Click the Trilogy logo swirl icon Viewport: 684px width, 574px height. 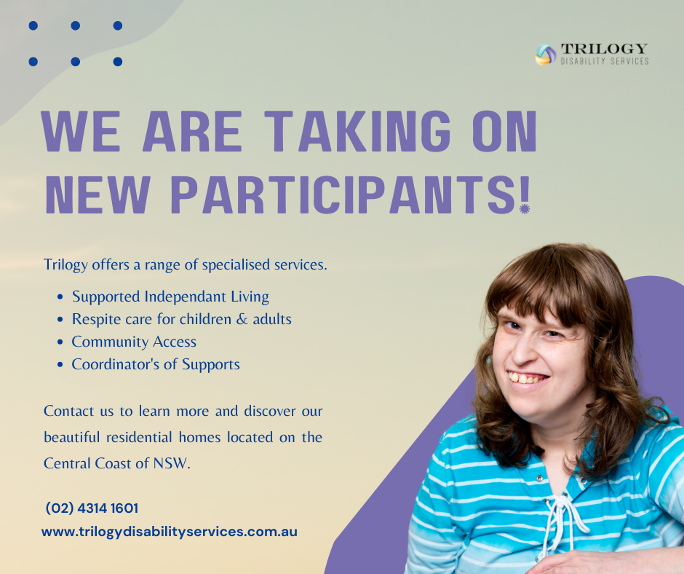tap(545, 55)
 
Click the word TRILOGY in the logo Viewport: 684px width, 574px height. tap(604, 49)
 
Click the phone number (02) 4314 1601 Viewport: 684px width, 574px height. tap(92, 508)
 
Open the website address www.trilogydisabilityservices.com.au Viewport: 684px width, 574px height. tap(170, 532)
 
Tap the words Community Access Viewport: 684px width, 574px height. tap(134, 342)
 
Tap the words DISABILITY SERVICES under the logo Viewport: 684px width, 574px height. tap(604, 61)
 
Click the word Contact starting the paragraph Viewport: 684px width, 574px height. tap(68, 411)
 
